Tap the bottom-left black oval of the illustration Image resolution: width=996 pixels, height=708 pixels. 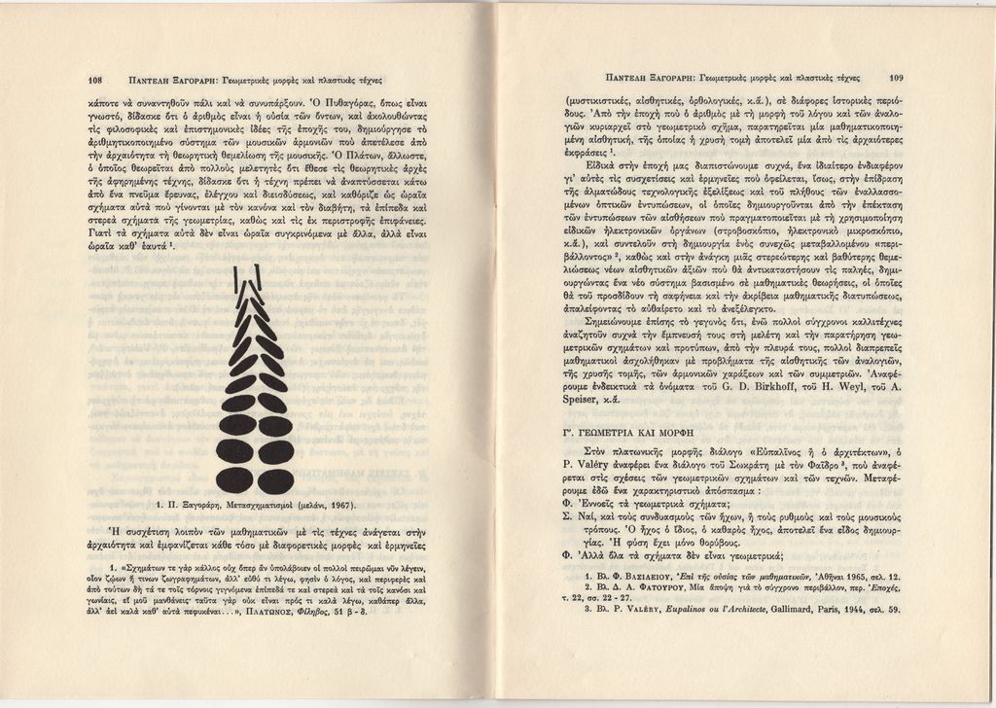point(234,480)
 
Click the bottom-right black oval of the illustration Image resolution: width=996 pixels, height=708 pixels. point(276,480)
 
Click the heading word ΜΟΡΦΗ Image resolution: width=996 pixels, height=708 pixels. point(694,429)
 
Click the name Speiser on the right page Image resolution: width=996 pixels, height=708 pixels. point(587,399)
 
